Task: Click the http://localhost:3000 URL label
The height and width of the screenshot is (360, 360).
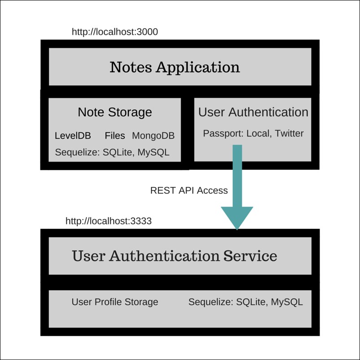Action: click(x=115, y=32)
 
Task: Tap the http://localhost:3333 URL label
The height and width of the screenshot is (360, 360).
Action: click(x=108, y=221)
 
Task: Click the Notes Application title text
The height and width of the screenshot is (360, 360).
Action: click(x=175, y=67)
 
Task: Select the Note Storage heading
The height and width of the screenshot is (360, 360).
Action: click(x=115, y=112)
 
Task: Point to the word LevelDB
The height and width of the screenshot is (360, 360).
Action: click(x=73, y=136)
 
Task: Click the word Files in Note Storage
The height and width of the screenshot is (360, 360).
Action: click(x=115, y=136)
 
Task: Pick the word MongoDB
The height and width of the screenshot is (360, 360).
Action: click(x=153, y=136)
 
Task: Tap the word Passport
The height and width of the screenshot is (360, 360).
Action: click(x=223, y=133)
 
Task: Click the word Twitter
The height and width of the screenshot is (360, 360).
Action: click(x=289, y=133)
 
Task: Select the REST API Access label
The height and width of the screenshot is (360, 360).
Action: click(x=189, y=190)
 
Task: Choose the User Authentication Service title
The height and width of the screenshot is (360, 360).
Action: click(x=175, y=256)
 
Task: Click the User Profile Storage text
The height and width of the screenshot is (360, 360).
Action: click(x=115, y=302)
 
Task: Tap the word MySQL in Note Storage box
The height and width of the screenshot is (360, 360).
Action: click(x=154, y=153)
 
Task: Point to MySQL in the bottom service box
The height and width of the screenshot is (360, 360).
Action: click(x=287, y=302)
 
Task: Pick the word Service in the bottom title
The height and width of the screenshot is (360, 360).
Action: click(x=250, y=256)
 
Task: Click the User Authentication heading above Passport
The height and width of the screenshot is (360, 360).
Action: click(x=253, y=112)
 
